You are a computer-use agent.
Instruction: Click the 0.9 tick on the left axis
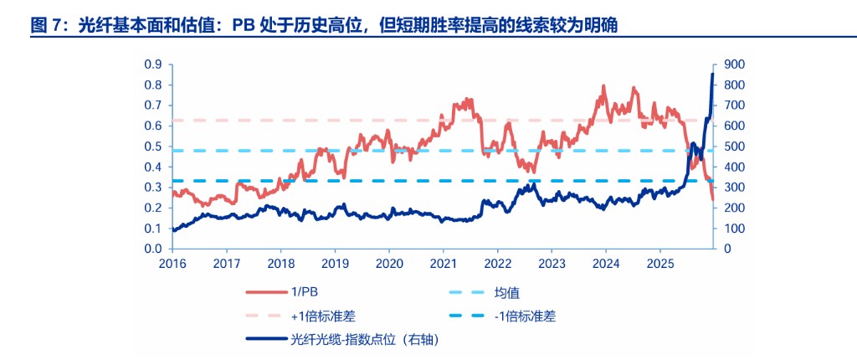pyautogui.click(x=152, y=64)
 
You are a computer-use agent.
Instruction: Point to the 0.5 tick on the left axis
pyautogui.click(x=152, y=147)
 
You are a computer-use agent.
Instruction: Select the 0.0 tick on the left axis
pyautogui.click(x=152, y=249)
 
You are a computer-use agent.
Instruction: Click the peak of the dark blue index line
pyautogui.click(x=712, y=75)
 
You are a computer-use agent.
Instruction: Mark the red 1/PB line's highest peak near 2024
pyautogui.click(x=603, y=86)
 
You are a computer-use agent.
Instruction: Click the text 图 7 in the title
pyautogui.click(x=48, y=26)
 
